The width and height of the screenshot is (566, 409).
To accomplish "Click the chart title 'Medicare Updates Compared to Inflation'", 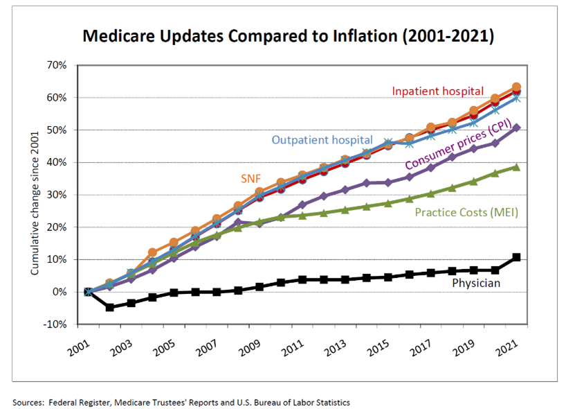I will click(x=288, y=37).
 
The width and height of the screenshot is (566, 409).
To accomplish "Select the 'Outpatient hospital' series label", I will click(x=322, y=140).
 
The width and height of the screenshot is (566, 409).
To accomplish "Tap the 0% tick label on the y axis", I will click(x=60, y=292).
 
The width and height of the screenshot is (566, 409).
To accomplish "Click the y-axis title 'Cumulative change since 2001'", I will click(x=34, y=195).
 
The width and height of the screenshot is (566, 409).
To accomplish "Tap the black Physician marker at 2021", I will click(x=516, y=257).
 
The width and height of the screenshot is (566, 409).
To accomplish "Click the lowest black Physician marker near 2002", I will click(x=109, y=307).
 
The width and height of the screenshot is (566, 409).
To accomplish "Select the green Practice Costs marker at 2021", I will click(x=516, y=167).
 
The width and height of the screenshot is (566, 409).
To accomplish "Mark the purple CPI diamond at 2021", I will click(x=516, y=128).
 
